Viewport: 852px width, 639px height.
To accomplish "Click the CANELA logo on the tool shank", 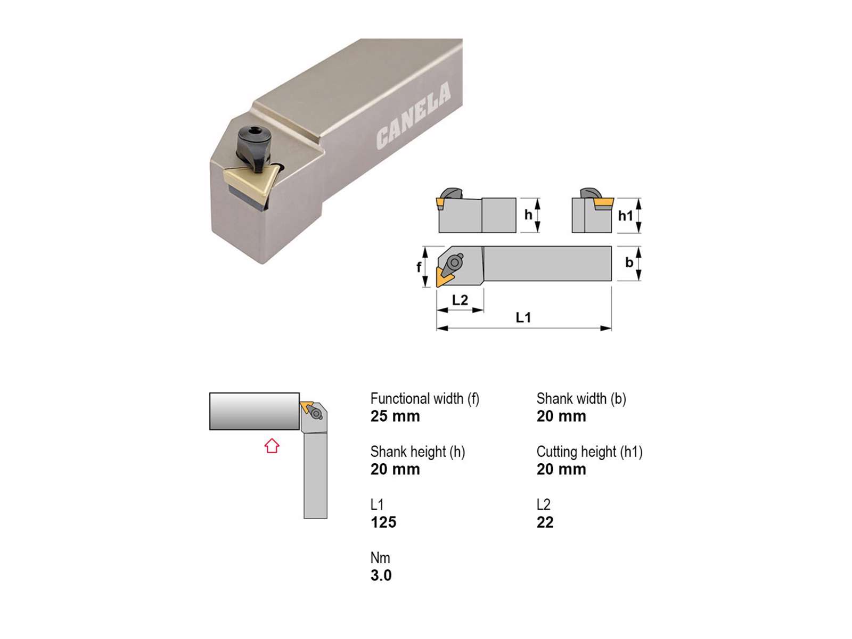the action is pos(413,116).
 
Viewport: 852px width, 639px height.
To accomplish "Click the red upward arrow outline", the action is pos(272,445).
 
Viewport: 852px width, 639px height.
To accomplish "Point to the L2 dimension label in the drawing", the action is pos(460,300).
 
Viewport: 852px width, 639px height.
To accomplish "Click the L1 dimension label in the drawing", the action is pos(523,318).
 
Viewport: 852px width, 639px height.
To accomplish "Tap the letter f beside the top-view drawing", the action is pos(419,267).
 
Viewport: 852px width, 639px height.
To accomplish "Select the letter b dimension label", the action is pos(629,263).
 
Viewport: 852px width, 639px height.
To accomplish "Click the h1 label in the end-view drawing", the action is pos(625,216).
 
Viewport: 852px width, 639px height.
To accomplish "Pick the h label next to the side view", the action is pos(528,215).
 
